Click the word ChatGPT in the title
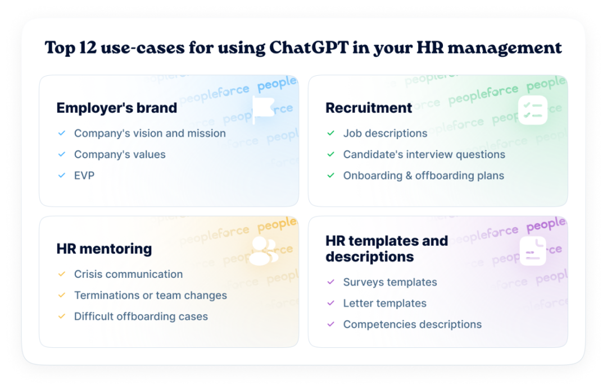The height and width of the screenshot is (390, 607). pos(309,48)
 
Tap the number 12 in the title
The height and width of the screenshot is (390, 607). pos(88,48)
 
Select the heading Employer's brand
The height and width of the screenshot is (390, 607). pos(116,108)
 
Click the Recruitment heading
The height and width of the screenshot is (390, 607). pos(369,108)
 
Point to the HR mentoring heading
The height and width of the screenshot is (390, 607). pos(104,249)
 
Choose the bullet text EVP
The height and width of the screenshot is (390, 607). pos(84,176)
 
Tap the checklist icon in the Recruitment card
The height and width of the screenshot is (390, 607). pos(533,110)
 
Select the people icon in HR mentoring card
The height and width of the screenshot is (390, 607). pos(263,251)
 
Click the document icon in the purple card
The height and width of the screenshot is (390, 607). pos(533,251)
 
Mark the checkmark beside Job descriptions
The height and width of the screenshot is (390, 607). pos(330,134)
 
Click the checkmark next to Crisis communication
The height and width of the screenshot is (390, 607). pos(62,274)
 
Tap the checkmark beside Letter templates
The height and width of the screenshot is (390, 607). pos(330,304)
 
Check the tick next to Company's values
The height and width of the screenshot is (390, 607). pos(62,155)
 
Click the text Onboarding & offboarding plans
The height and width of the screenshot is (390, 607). pos(424,176)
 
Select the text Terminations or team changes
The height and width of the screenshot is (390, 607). pos(151,295)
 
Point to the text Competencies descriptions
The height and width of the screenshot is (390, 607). pos(413,325)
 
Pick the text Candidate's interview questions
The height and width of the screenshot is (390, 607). pos(424,155)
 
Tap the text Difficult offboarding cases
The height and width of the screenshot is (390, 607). pos(141,316)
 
